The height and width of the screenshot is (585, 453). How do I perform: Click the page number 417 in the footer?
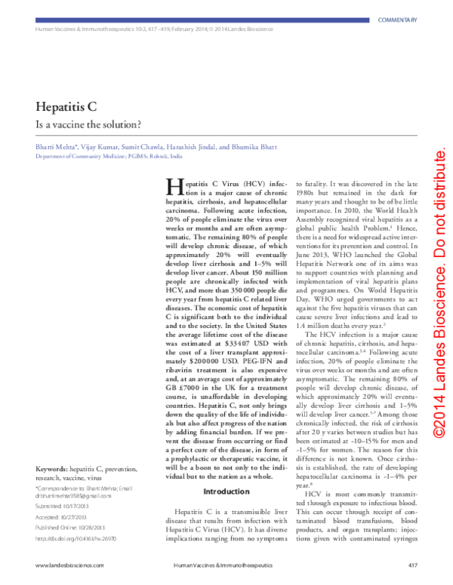pos(412,563)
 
